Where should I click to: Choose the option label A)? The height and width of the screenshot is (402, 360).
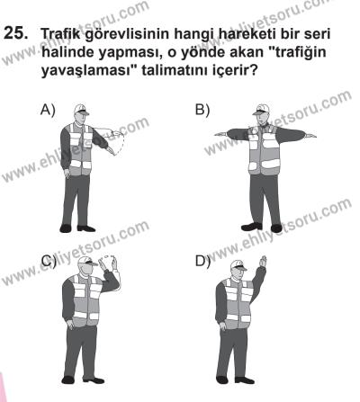coord(47,110)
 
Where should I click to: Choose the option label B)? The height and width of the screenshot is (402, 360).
coord(202,110)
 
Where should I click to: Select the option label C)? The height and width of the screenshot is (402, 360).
coord(47,263)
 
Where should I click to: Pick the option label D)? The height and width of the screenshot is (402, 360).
coord(202,263)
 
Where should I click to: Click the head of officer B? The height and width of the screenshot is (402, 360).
coord(261,115)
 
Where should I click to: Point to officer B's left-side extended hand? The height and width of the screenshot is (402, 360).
coord(220,135)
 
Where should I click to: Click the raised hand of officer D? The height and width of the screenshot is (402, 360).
coord(262,259)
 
